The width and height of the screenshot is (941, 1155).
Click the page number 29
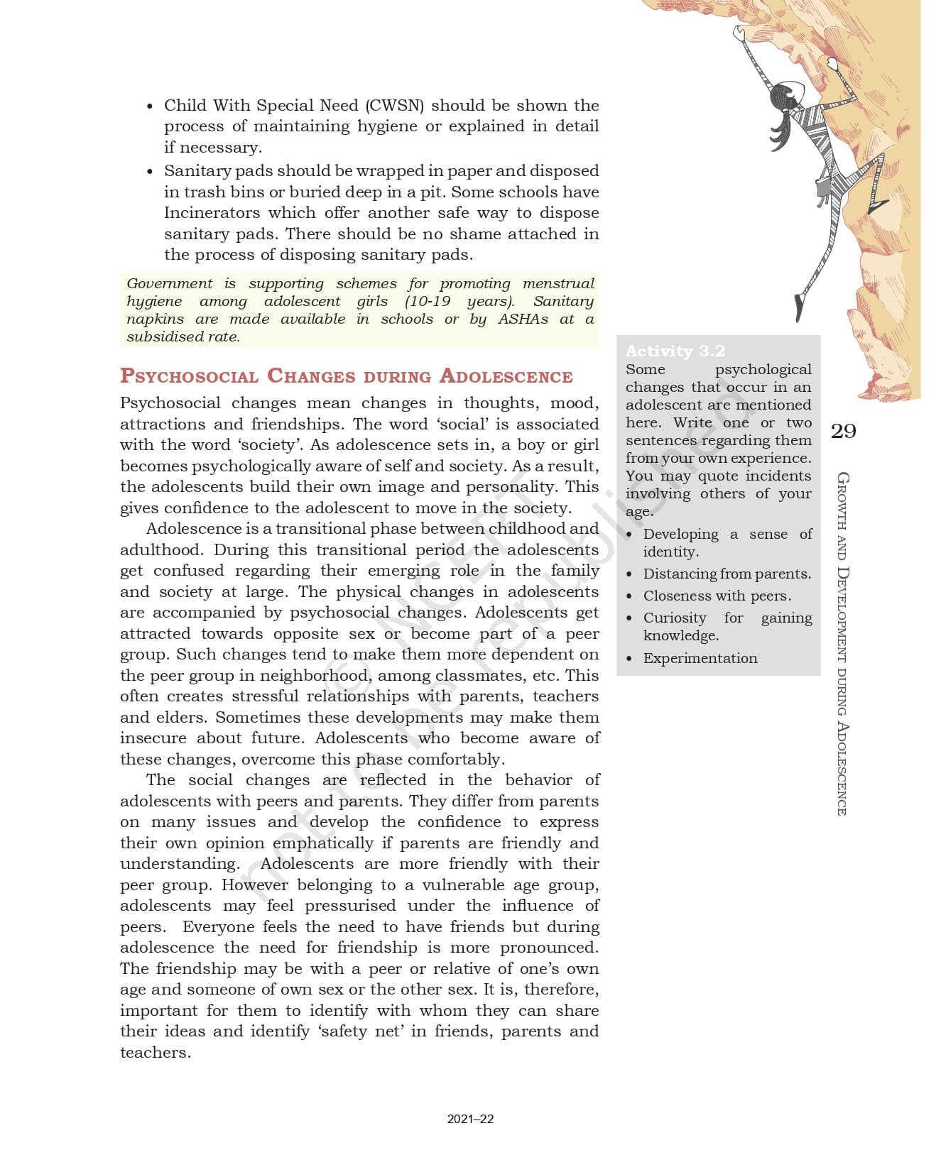point(843,431)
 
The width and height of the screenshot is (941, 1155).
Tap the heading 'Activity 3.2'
point(675,351)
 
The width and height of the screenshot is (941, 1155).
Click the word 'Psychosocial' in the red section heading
point(188,376)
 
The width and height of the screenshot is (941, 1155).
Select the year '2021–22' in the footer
point(470,1119)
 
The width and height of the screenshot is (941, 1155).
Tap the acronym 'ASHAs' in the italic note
point(523,319)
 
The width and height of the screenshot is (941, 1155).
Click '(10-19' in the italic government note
point(428,302)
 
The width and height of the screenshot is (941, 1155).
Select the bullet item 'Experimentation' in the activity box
point(700,658)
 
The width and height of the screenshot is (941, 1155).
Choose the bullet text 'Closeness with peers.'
point(717,596)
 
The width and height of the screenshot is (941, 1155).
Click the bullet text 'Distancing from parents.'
point(727,574)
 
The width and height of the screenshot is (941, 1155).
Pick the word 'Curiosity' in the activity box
point(675,618)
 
